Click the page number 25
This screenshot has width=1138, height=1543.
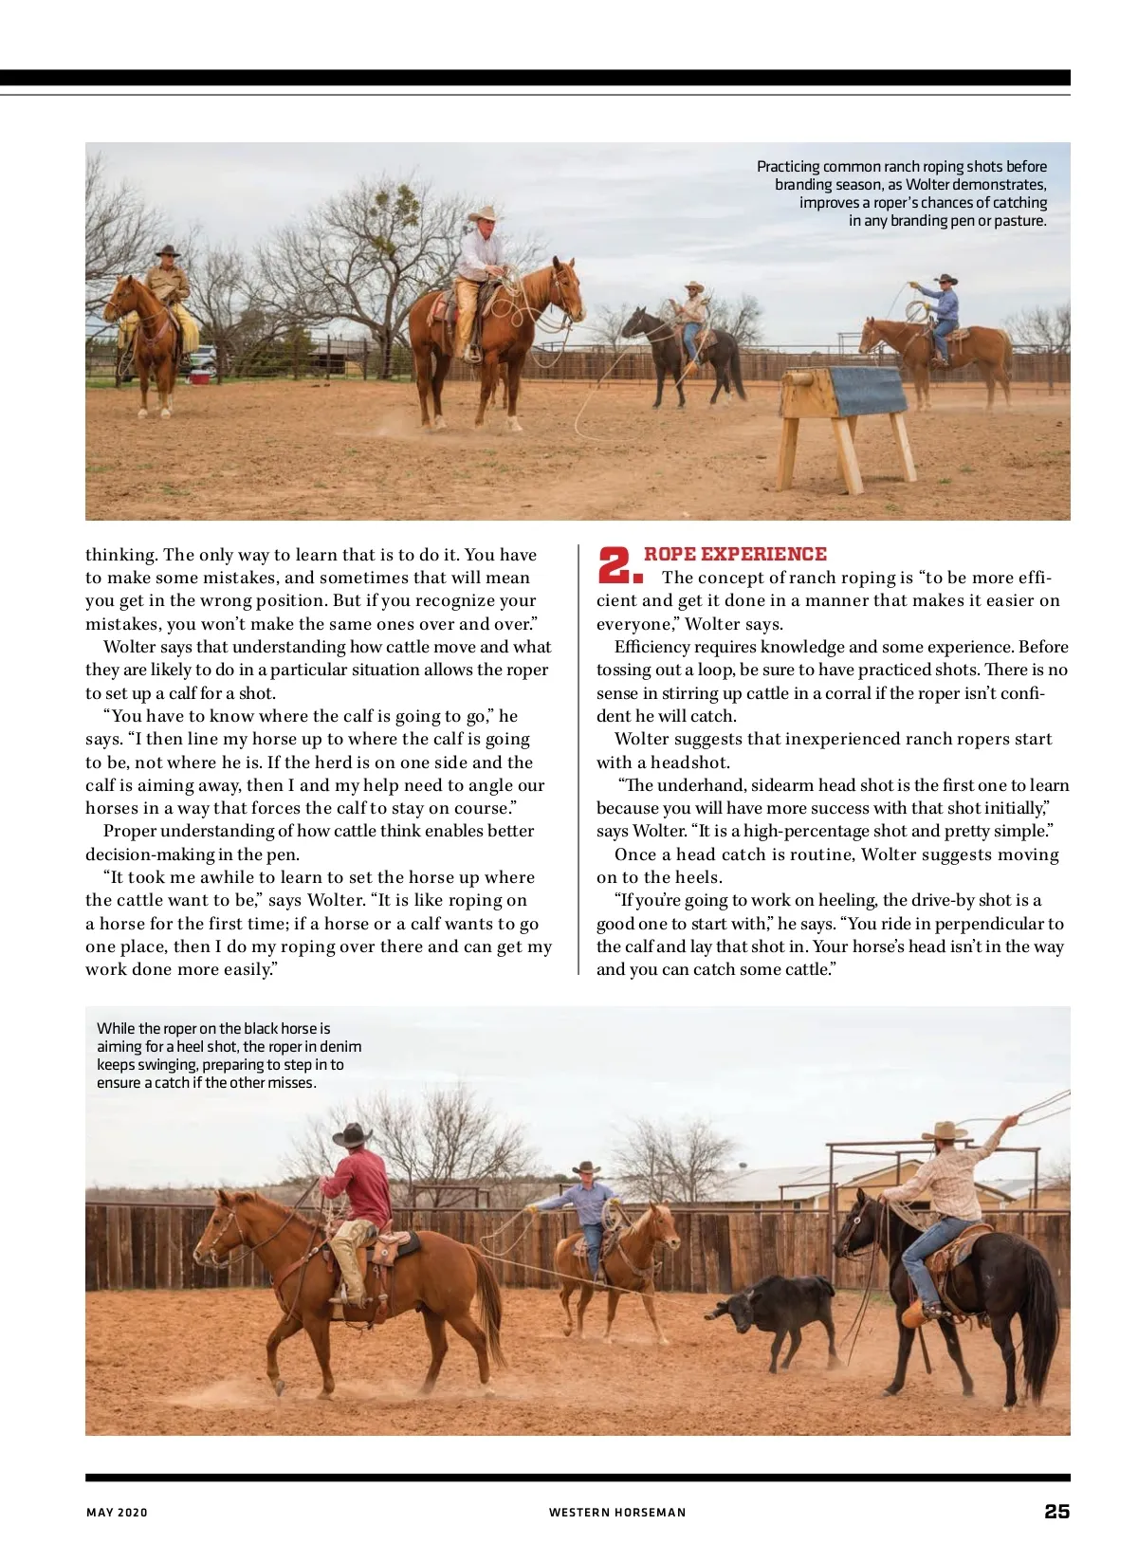click(x=1056, y=1512)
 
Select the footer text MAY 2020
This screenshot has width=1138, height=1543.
click(x=117, y=1513)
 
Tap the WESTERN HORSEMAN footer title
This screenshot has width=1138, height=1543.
click(x=616, y=1513)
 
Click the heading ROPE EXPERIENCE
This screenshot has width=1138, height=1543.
click(x=735, y=554)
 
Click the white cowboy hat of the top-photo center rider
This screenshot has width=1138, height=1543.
click(x=485, y=213)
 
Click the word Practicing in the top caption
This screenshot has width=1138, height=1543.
click(x=788, y=166)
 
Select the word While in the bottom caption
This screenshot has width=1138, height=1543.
click(x=116, y=1028)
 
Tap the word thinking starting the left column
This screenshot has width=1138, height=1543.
click(x=120, y=555)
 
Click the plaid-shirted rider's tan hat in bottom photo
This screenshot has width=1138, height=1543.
click(x=944, y=1130)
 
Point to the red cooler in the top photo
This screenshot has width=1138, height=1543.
click(x=199, y=377)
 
